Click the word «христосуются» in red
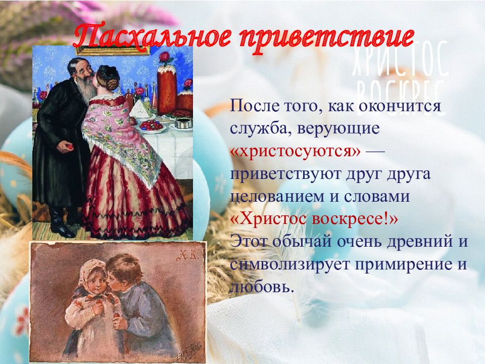click(296, 151)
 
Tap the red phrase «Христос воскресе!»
click(314, 219)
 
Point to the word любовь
click(261, 287)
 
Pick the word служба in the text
click(261, 128)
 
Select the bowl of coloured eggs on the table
click(151, 126)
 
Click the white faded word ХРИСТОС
click(400, 61)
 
